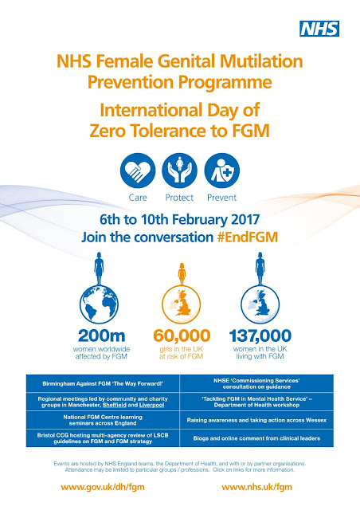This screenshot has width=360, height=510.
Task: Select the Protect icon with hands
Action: pos(179,171)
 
